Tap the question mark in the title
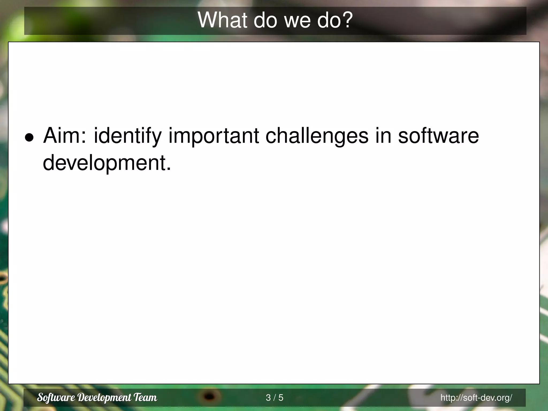[347, 20]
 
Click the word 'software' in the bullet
[438, 136]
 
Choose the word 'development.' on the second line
[107, 163]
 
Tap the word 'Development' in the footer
[105, 398]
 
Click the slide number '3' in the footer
[268, 398]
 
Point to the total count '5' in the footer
[281, 398]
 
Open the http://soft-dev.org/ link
[476, 398]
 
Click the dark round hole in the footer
[210, 396]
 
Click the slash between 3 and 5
[275, 398]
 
